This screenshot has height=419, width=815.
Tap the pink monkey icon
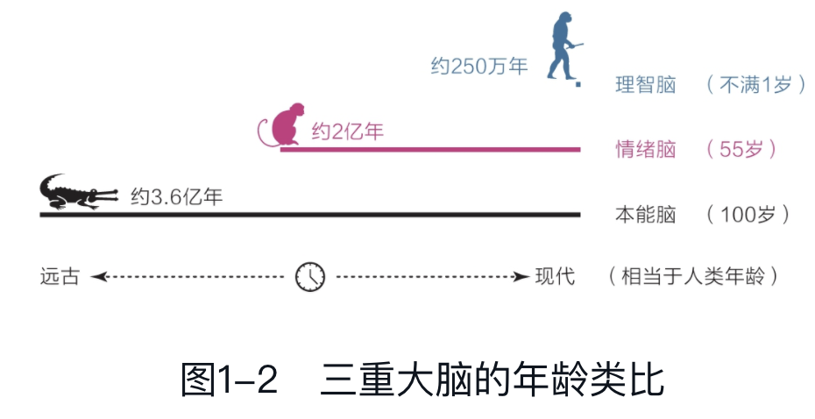[x=285, y=125]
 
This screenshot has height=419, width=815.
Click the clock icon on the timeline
[x=310, y=276]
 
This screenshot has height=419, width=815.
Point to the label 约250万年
[x=478, y=67]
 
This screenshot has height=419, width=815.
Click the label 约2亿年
[x=348, y=133]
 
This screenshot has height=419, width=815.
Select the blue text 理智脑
[x=646, y=86]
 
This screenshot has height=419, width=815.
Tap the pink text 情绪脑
[x=646, y=149]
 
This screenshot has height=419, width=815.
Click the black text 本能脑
[x=646, y=214]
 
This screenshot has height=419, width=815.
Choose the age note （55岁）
[x=741, y=149]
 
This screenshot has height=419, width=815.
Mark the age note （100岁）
[x=748, y=214]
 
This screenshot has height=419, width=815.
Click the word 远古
[x=60, y=277]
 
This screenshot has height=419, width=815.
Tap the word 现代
[x=556, y=277]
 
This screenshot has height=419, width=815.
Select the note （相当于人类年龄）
[x=693, y=277]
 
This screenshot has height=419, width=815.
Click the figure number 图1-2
[x=230, y=380]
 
